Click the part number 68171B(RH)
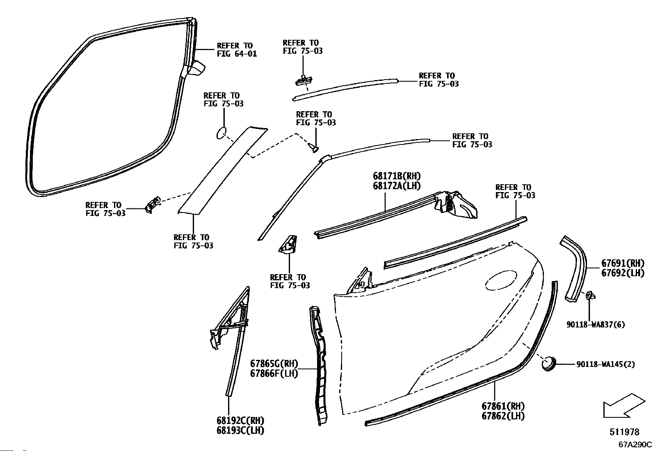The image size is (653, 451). point(397,176)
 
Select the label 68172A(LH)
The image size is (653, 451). point(397,186)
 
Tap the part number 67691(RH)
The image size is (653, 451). point(623,263)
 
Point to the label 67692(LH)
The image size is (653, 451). point(623,273)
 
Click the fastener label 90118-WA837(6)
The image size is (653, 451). point(596,325)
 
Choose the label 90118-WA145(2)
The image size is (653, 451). point(605,364)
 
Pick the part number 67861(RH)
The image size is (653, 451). point(503,406)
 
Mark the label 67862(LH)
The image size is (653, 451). point(503,416)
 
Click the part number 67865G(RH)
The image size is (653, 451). point(274,364)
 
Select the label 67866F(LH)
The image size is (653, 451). point(274,373)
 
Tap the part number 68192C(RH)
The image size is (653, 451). point(240,421)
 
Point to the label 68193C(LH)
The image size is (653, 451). point(240,430)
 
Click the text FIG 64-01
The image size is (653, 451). point(237,54)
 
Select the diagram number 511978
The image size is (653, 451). point(624,432)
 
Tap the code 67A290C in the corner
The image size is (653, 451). point(635,444)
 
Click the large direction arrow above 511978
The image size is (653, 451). point(624,406)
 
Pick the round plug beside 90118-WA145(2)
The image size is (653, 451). point(549,364)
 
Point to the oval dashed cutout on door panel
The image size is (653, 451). point(501,280)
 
